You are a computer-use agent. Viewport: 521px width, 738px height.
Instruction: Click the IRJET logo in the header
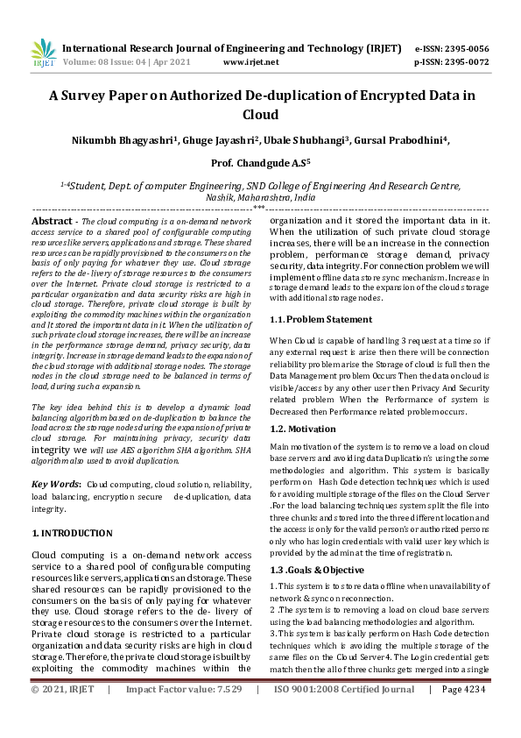(43, 54)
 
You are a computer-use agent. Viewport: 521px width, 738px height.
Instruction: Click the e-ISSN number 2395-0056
(471, 48)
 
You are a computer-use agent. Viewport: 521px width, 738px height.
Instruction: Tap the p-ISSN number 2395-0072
(471, 63)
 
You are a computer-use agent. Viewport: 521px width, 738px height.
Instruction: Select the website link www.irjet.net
(251, 63)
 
